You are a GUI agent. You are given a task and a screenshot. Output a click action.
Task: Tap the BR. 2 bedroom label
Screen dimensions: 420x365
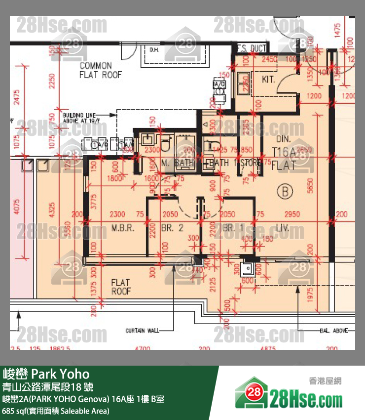[172, 228]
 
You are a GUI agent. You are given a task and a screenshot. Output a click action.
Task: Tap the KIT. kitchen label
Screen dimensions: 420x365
[269, 79]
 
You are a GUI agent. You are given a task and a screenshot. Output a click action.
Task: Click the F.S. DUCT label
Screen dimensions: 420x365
[251, 48]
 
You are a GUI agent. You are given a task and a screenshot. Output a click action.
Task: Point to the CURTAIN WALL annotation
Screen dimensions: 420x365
[142, 331]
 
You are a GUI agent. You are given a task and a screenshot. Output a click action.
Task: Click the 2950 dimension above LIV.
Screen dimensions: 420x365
[292, 214]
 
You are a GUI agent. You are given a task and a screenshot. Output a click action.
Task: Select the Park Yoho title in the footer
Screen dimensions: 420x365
[47, 373]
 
